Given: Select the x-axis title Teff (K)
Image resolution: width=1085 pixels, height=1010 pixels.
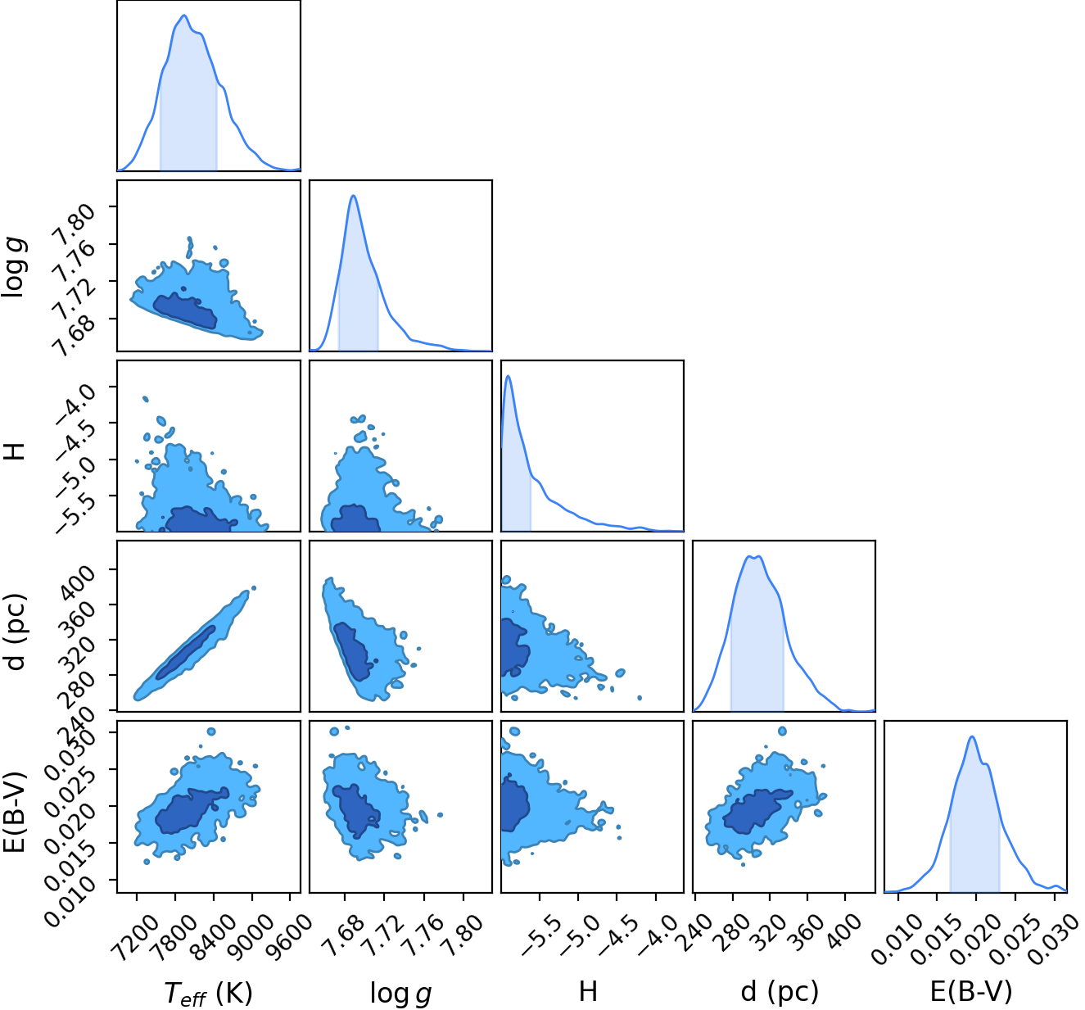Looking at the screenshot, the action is pyautogui.click(x=208, y=992).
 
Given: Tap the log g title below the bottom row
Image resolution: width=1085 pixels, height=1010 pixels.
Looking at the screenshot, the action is pyautogui.click(x=401, y=993).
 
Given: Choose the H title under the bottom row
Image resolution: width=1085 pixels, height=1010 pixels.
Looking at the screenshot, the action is pyautogui.click(x=588, y=990).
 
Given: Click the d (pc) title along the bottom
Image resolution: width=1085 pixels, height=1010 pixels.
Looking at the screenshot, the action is pyautogui.click(x=780, y=991).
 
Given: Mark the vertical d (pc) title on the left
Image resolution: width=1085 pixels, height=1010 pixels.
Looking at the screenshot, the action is pyautogui.click(x=16, y=632).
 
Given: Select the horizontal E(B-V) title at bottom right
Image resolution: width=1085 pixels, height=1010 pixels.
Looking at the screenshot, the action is pyautogui.click(x=971, y=991).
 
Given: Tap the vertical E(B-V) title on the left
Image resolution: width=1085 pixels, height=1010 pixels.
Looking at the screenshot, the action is pyautogui.click(x=16, y=812).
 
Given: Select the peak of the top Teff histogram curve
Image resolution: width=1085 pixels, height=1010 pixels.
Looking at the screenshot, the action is pyautogui.click(x=185, y=16).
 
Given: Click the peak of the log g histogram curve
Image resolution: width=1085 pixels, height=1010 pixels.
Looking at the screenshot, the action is pyautogui.click(x=354, y=196).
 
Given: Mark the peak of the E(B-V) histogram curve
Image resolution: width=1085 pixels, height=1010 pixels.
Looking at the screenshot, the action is pyautogui.click(x=972, y=737).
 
